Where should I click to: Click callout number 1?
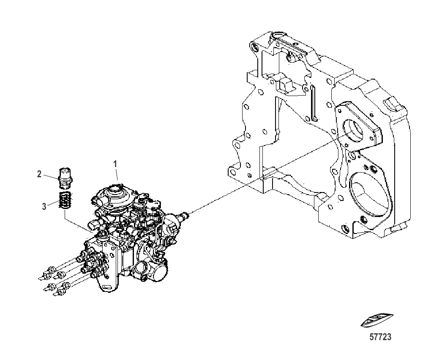point(115,164)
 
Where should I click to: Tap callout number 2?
point(39,174)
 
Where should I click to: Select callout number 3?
point(44,206)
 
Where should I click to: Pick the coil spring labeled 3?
point(65,200)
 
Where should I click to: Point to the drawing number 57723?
point(381,337)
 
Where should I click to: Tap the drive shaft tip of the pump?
point(186,216)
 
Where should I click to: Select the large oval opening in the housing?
point(370,196)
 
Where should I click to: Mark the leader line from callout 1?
point(117,174)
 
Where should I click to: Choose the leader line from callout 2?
point(51,177)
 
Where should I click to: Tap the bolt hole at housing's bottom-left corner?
point(232,172)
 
